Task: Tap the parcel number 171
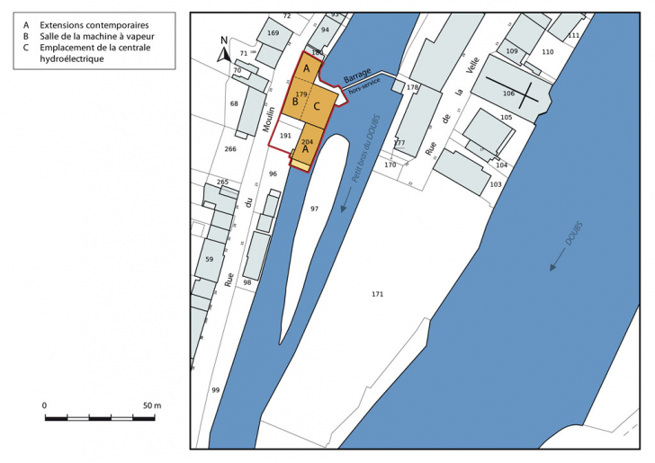click(x=377, y=295)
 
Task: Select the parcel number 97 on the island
click(x=314, y=209)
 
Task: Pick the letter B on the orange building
click(x=294, y=102)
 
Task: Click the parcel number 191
click(x=285, y=136)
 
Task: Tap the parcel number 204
click(x=307, y=142)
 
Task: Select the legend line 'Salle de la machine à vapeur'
click(x=90, y=36)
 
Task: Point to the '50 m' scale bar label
click(x=150, y=406)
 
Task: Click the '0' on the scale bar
click(x=45, y=406)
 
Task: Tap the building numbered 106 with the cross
click(x=509, y=93)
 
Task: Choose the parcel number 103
click(x=495, y=184)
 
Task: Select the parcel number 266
click(x=229, y=149)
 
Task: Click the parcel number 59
click(x=209, y=259)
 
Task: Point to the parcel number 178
click(x=412, y=87)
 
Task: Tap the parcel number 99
click(x=215, y=390)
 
